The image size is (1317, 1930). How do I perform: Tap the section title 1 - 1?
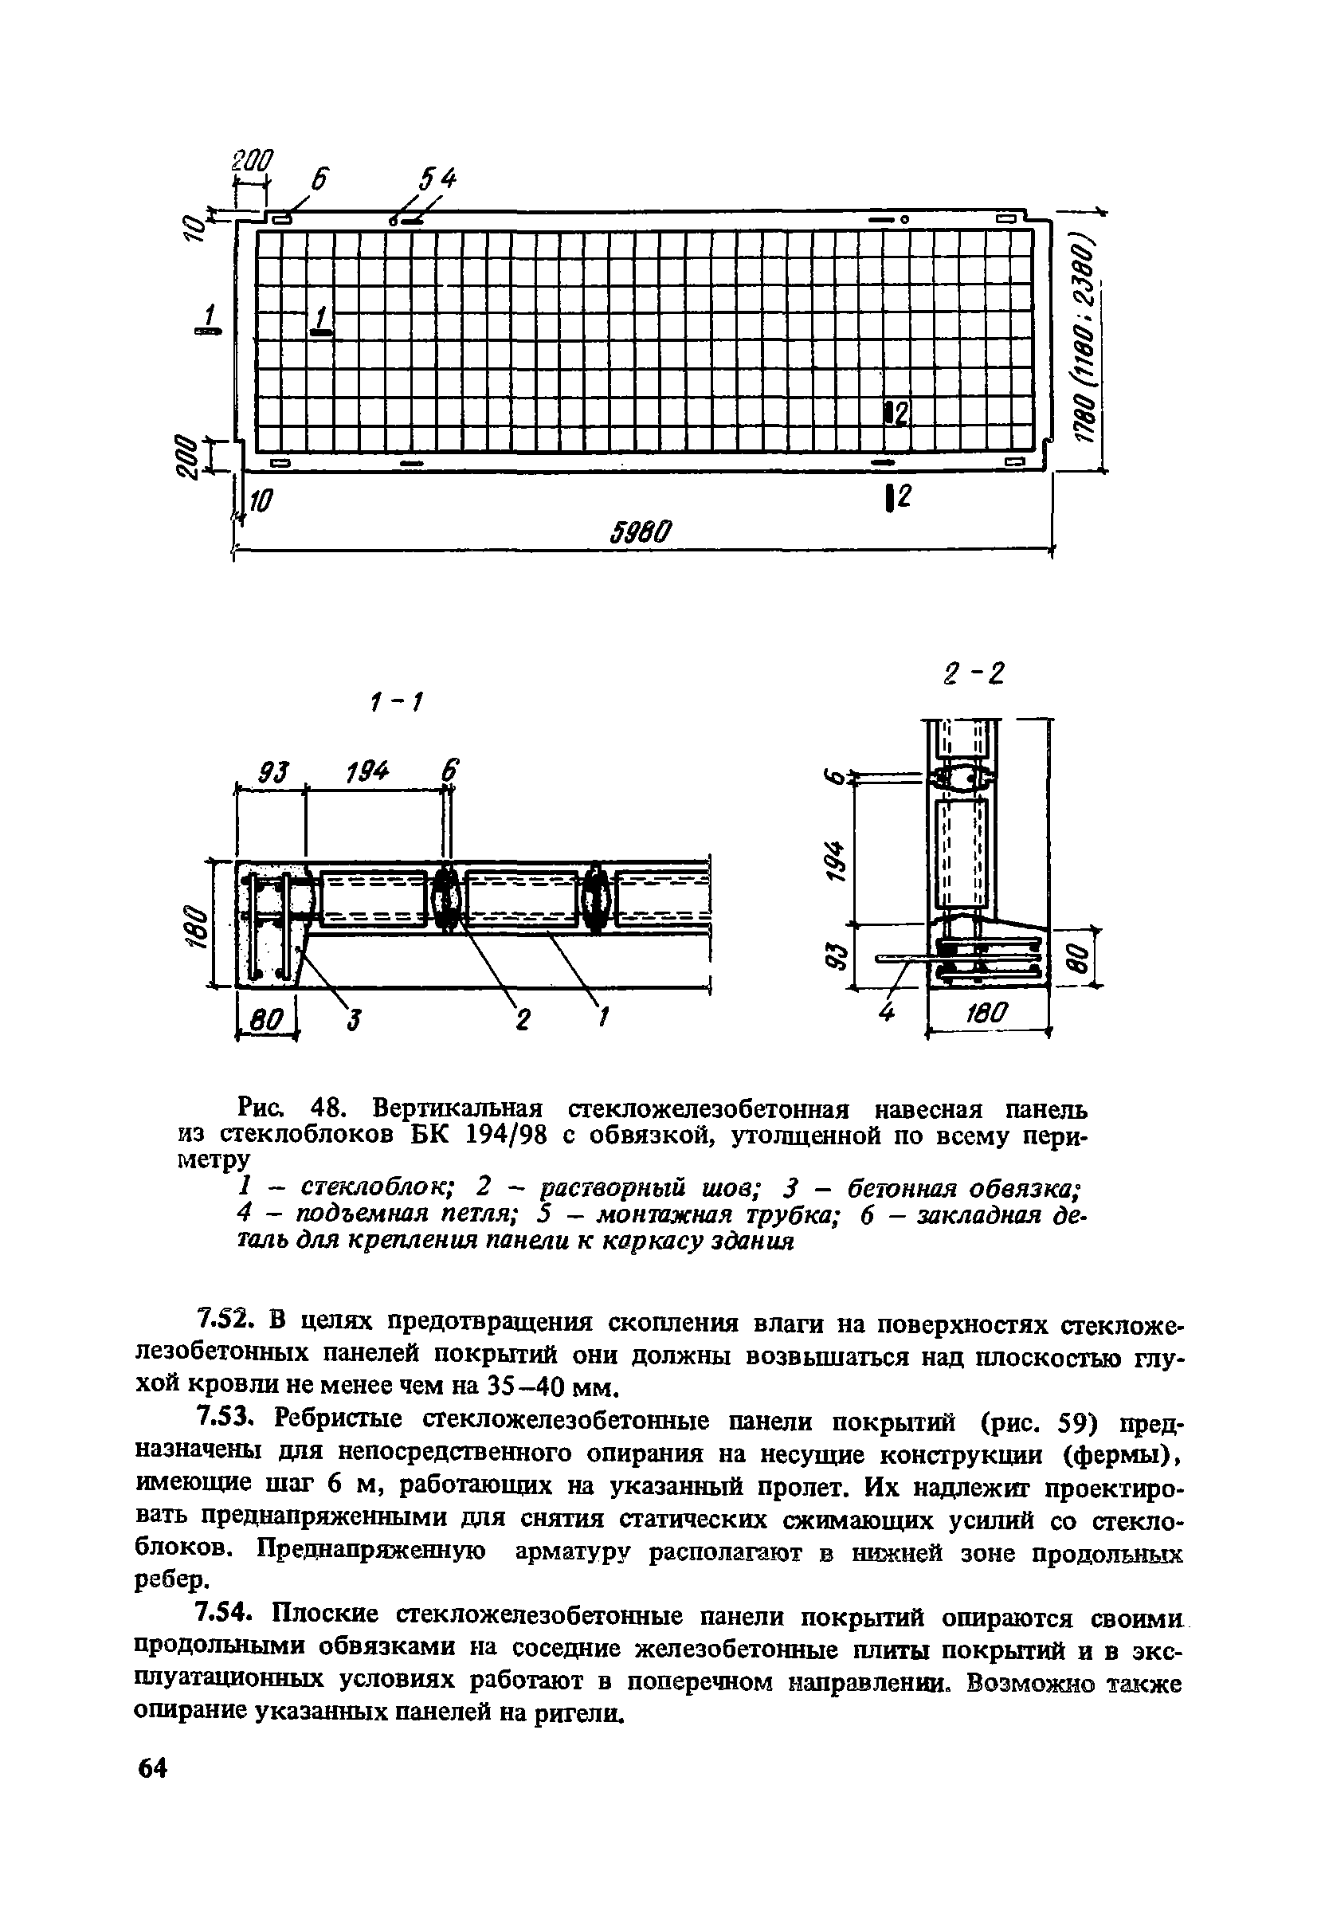(394, 704)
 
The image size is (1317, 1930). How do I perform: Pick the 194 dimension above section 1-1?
(369, 774)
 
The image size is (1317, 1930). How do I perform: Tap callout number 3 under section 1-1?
(354, 1019)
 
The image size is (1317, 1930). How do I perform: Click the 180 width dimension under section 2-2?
(986, 1013)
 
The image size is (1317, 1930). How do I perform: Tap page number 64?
(153, 1769)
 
